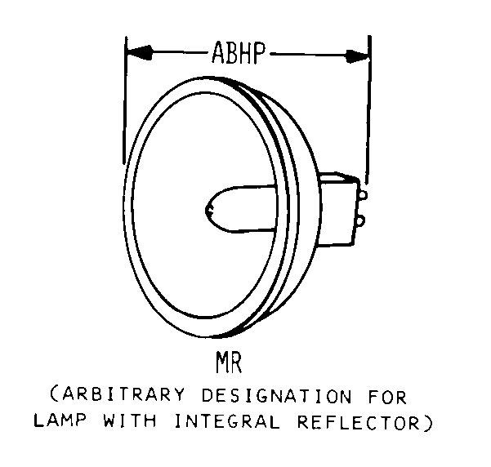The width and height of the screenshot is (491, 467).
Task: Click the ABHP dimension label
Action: [x=239, y=54]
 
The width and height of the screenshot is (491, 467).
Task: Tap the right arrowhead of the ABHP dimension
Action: [x=357, y=56]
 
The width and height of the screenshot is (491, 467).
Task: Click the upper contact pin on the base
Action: [x=361, y=194]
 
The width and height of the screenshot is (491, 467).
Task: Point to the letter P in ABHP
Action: [x=261, y=54]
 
